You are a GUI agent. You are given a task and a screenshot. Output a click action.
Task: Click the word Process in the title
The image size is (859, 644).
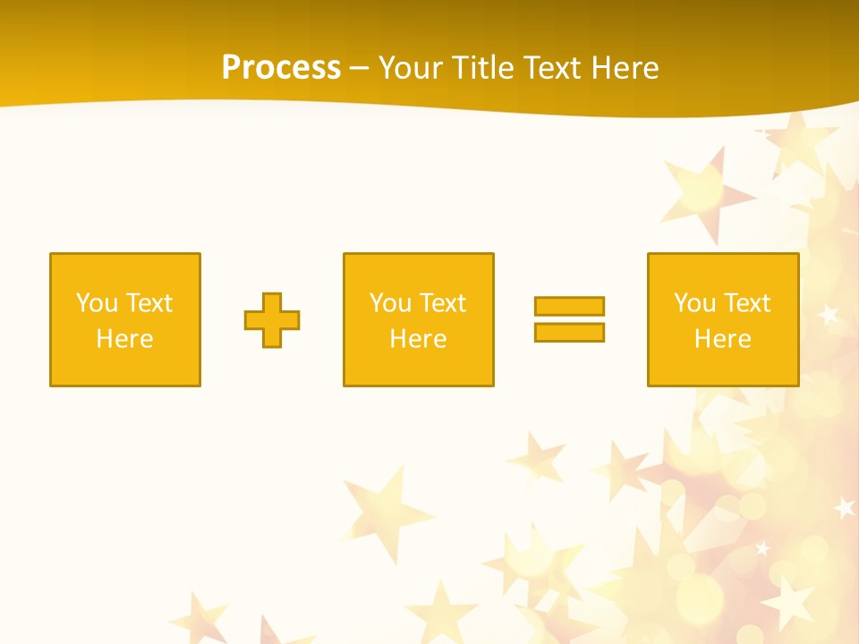281,68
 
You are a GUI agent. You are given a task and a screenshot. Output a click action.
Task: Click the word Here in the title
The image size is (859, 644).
627,68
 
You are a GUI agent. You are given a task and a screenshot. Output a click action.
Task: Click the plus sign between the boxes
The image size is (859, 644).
272,319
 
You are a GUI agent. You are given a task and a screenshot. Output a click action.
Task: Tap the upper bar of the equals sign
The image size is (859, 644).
569,306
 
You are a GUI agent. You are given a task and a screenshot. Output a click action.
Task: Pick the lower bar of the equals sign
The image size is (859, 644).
569,332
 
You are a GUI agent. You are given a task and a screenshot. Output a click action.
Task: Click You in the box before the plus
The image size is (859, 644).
97,303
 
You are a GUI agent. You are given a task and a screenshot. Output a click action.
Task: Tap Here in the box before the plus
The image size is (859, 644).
124,339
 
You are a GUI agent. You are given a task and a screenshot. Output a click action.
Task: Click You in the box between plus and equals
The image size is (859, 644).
390,303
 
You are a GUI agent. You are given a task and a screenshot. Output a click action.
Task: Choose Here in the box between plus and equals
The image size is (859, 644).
418,339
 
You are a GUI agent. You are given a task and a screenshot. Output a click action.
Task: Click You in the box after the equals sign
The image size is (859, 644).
694,303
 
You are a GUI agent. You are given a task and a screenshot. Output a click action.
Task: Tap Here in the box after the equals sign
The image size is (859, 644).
722,339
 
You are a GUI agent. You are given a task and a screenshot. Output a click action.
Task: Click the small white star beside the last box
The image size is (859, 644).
829,315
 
